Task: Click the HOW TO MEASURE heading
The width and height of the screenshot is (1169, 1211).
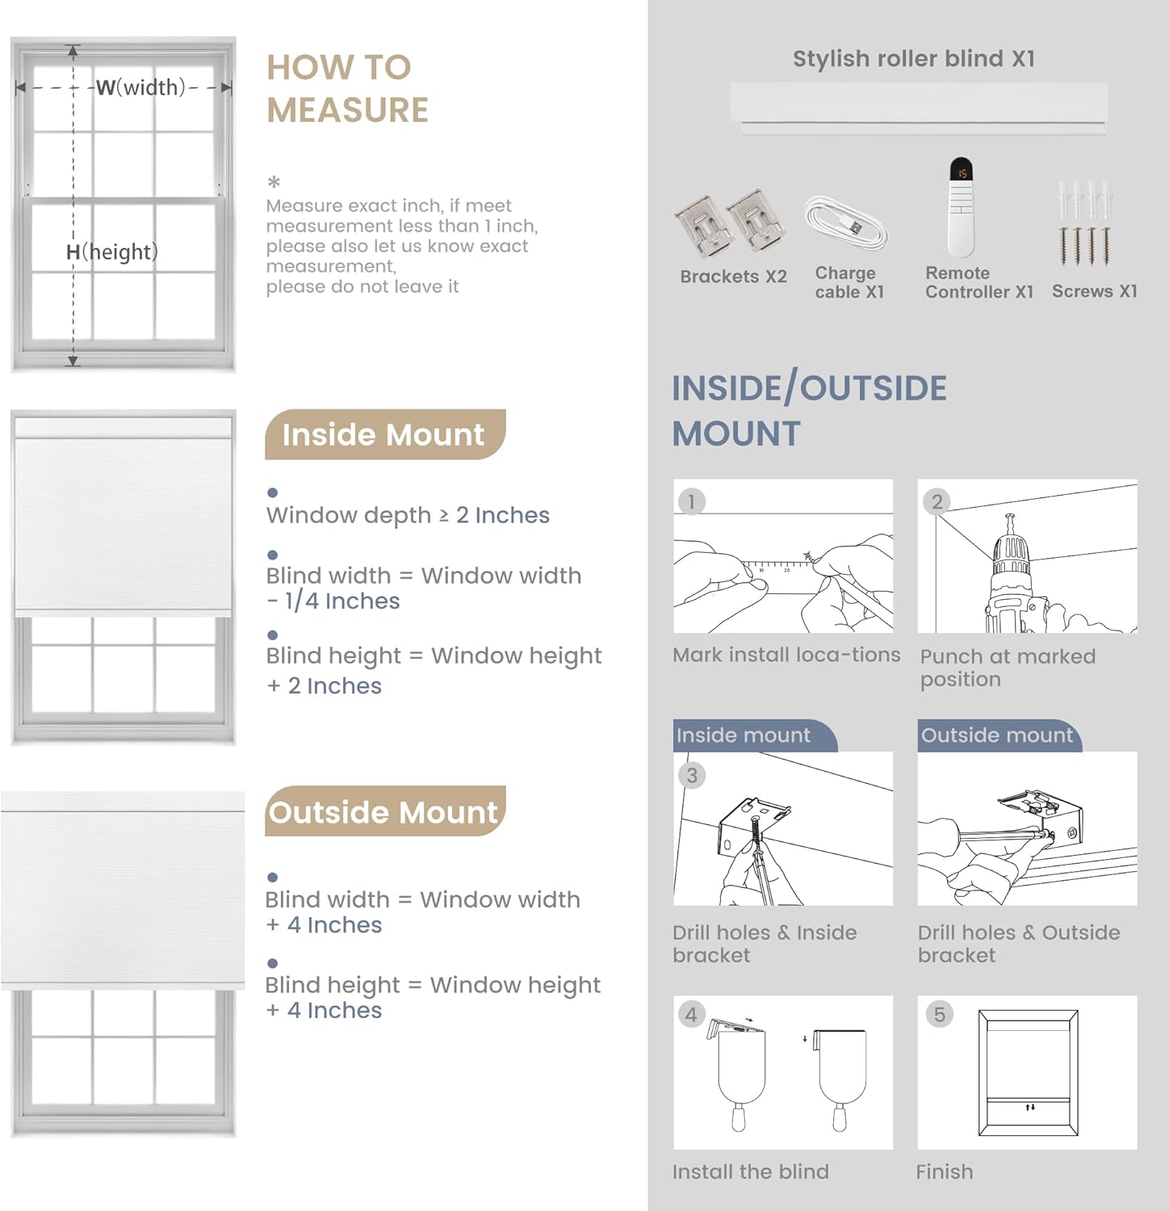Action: coord(346,89)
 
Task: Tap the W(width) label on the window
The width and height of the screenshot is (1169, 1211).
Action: coord(140,87)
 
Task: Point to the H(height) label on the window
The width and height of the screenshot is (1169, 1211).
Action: coord(111,252)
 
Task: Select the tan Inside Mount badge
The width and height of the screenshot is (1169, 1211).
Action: coord(384,434)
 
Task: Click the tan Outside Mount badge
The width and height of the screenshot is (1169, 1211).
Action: coord(384,811)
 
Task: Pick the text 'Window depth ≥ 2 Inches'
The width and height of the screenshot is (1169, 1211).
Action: coord(408,515)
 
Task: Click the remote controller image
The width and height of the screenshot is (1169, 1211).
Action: coord(961,207)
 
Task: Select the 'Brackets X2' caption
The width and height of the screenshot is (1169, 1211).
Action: coord(733,277)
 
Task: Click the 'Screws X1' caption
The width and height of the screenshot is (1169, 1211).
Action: coord(1094,291)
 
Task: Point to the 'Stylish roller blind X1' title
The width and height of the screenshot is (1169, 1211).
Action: coord(913,59)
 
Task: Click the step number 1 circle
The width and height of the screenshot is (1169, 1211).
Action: coord(691,501)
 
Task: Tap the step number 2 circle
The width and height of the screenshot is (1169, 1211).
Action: coord(936,501)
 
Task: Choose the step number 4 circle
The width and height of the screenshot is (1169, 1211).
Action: coord(691,1015)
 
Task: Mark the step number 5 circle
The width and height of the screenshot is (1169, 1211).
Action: coord(939,1015)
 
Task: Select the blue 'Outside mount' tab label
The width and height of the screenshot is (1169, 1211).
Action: coord(997,735)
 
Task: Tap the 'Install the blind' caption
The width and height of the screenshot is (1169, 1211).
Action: coord(750,1171)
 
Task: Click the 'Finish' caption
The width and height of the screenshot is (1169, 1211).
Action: coord(944,1171)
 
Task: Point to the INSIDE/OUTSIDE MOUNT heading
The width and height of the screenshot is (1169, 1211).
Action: coord(809,411)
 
